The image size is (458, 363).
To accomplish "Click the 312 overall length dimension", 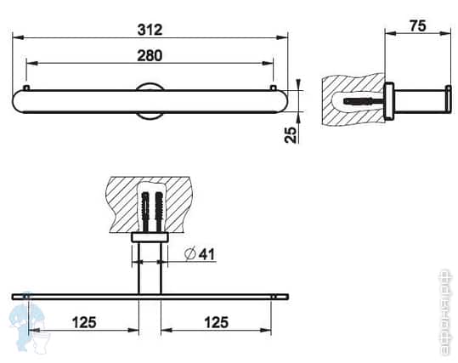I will [150, 28].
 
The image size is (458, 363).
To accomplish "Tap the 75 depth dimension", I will [418, 26].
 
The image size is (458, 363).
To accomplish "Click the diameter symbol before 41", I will [189, 252].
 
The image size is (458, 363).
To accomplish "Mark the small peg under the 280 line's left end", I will [28, 88].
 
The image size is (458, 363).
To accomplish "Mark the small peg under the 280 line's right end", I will [272, 88].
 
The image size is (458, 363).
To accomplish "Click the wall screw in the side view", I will [359, 101].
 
